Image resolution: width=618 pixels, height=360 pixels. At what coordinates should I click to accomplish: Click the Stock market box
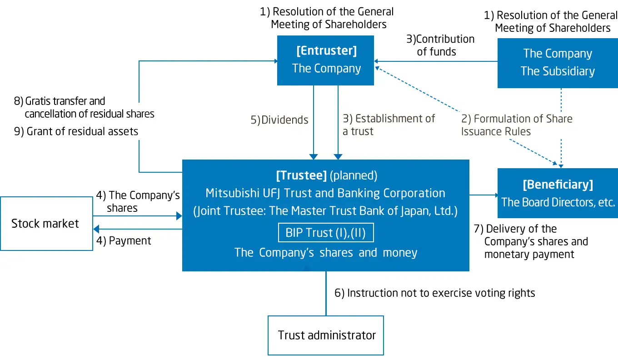[x=46, y=224]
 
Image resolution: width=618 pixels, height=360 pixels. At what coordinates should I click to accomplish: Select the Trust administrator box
[x=326, y=335]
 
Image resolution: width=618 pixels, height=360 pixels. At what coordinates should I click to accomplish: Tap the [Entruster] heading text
[x=326, y=51]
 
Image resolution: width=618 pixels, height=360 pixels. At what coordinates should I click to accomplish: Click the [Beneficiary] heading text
[x=558, y=185]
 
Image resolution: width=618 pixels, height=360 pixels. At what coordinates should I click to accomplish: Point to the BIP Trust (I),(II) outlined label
[x=325, y=233]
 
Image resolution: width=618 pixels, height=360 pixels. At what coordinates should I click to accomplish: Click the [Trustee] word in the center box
[x=301, y=175]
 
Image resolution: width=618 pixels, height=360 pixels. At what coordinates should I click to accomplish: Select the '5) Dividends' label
[x=279, y=120]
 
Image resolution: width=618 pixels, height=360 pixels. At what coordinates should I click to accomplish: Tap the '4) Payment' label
[x=124, y=241]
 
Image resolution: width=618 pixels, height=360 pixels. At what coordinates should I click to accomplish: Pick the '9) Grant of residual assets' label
[x=76, y=131]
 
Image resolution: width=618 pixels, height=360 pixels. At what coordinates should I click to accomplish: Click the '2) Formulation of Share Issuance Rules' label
[x=517, y=125]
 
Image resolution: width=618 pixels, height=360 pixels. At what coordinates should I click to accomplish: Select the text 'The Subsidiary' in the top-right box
[x=558, y=71]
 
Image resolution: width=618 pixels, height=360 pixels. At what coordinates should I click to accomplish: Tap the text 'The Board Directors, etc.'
[x=558, y=202]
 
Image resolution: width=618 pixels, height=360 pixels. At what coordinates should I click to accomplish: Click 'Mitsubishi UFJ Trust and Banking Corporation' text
[x=325, y=193]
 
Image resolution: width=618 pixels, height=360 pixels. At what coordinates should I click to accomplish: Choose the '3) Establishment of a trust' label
[x=389, y=125]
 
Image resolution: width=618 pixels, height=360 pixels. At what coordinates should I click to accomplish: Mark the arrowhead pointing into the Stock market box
[x=96, y=229]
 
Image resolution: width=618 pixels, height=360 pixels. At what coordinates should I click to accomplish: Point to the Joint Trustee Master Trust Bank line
[x=325, y=211]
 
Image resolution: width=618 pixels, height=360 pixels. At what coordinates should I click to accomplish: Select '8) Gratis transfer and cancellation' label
[x=84, y=107]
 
